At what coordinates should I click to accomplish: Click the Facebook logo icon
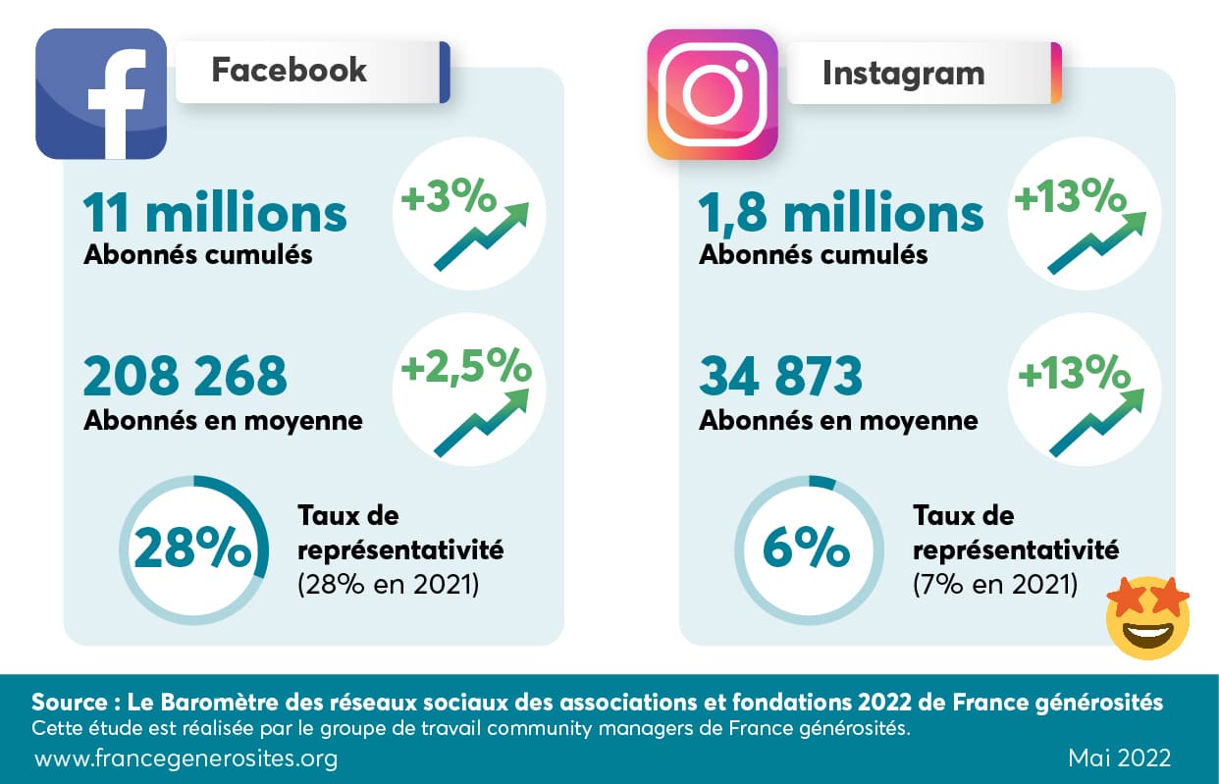click(x=101, y=94)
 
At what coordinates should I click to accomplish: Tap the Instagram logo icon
click(x=712, y=94)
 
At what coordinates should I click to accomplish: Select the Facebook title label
click(x=290, y=71)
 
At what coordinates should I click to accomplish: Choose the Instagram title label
click(x=903, y=73)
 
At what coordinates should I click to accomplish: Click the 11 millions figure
click(x=215, y=213)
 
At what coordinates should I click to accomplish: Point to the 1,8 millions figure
click(x=841, y=213)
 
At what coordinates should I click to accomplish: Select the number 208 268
click(x=185, y=376)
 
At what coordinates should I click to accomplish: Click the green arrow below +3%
click(x=481, y=236)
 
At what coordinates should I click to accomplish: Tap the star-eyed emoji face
click(x=1147, y=617)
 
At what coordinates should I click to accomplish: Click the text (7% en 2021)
click(x=994, y=586)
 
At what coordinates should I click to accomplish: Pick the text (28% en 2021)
click(x=387, y=586)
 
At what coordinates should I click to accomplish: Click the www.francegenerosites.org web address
click(x=186, y=758)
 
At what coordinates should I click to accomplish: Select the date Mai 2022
click(x=1118, y=758)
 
